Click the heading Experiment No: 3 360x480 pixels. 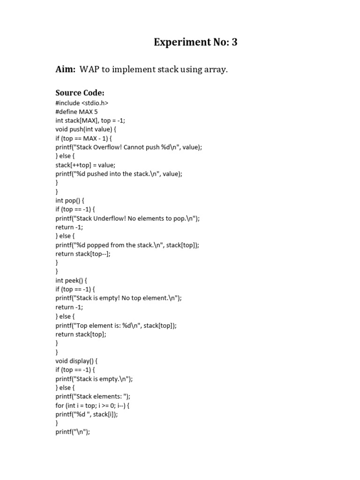point(195,42)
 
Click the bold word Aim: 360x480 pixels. point(65,69)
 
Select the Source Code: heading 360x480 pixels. point(80,93)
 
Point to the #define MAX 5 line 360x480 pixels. point(77,112)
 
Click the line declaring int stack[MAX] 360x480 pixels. point(90,120)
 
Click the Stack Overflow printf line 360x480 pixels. point(128,147)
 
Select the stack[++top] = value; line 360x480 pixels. point(85,165)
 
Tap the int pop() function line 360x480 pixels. point(70,201)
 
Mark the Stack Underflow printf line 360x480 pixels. point(127,218)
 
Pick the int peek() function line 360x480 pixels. point(72,281)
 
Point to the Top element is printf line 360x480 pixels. point(116,325)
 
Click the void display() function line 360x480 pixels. point(76,361)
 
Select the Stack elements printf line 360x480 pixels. point(93,397)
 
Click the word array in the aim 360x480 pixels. point(214,69)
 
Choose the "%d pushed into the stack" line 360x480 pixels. point(119,174)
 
